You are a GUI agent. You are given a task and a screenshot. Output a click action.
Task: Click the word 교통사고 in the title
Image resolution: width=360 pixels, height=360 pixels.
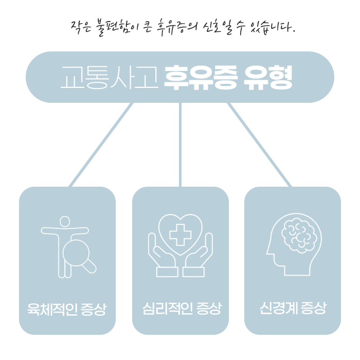(x=109, y=77)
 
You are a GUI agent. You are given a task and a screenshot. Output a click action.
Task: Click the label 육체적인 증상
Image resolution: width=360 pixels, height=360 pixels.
(x=67, y=310)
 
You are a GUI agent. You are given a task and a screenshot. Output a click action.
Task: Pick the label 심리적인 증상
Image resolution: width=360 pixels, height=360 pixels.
(x=181, y=310)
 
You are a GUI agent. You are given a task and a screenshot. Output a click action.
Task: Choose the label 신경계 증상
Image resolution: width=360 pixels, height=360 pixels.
(x=293, y=309)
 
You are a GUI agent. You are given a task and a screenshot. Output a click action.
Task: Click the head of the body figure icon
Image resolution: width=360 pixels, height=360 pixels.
(x=64, y=222)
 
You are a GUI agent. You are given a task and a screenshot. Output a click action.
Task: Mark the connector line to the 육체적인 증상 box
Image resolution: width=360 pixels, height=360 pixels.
(x=101, y=144)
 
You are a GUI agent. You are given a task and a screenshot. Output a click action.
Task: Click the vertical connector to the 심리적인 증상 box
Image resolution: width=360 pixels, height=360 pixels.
(x=180, y=144)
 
